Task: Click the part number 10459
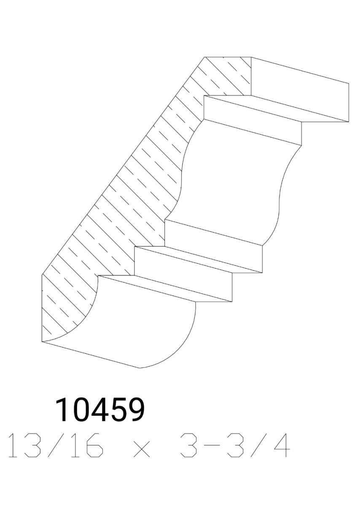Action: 100,410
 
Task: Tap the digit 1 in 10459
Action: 63,410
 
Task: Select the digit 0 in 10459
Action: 82,410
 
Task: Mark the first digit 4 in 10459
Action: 100,410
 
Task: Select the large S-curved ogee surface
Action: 236,181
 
